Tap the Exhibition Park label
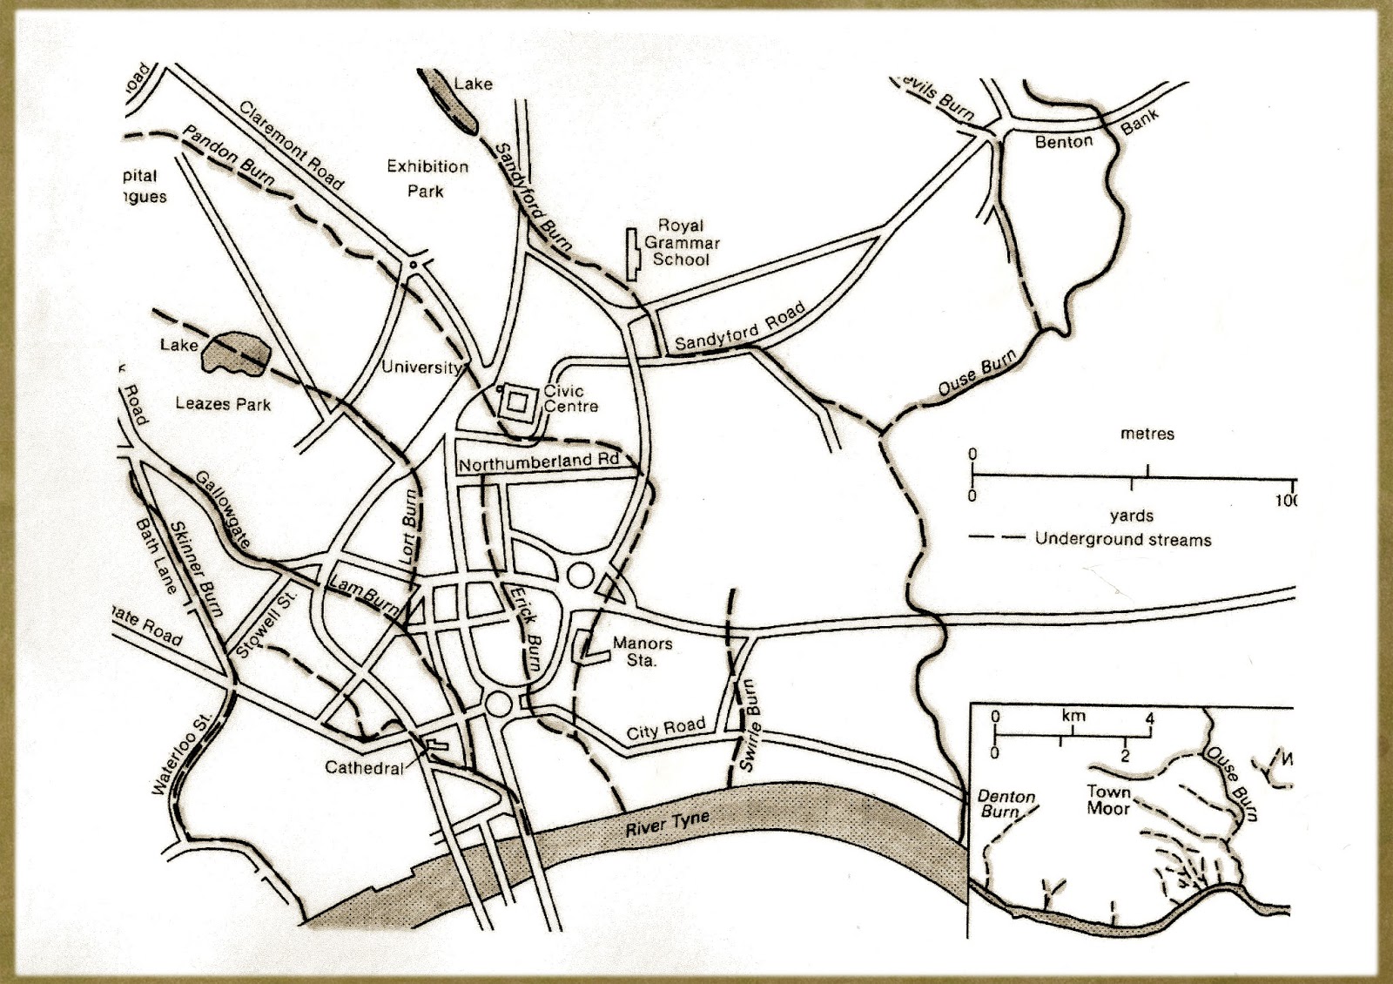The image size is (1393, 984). point(427,178)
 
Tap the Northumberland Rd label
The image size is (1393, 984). point(537,462)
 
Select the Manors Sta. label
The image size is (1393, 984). point(642,651)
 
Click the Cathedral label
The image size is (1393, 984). point(364,767)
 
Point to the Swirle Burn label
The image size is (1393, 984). point(750,725)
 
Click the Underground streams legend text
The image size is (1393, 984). point(1122,539)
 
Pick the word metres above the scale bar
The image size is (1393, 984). point(1147,433)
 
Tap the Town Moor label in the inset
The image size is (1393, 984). point(1108,799)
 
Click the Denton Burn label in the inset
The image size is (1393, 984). point(1006,803)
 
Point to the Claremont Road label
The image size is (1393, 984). point(291,145)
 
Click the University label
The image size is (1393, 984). point(421,367)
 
